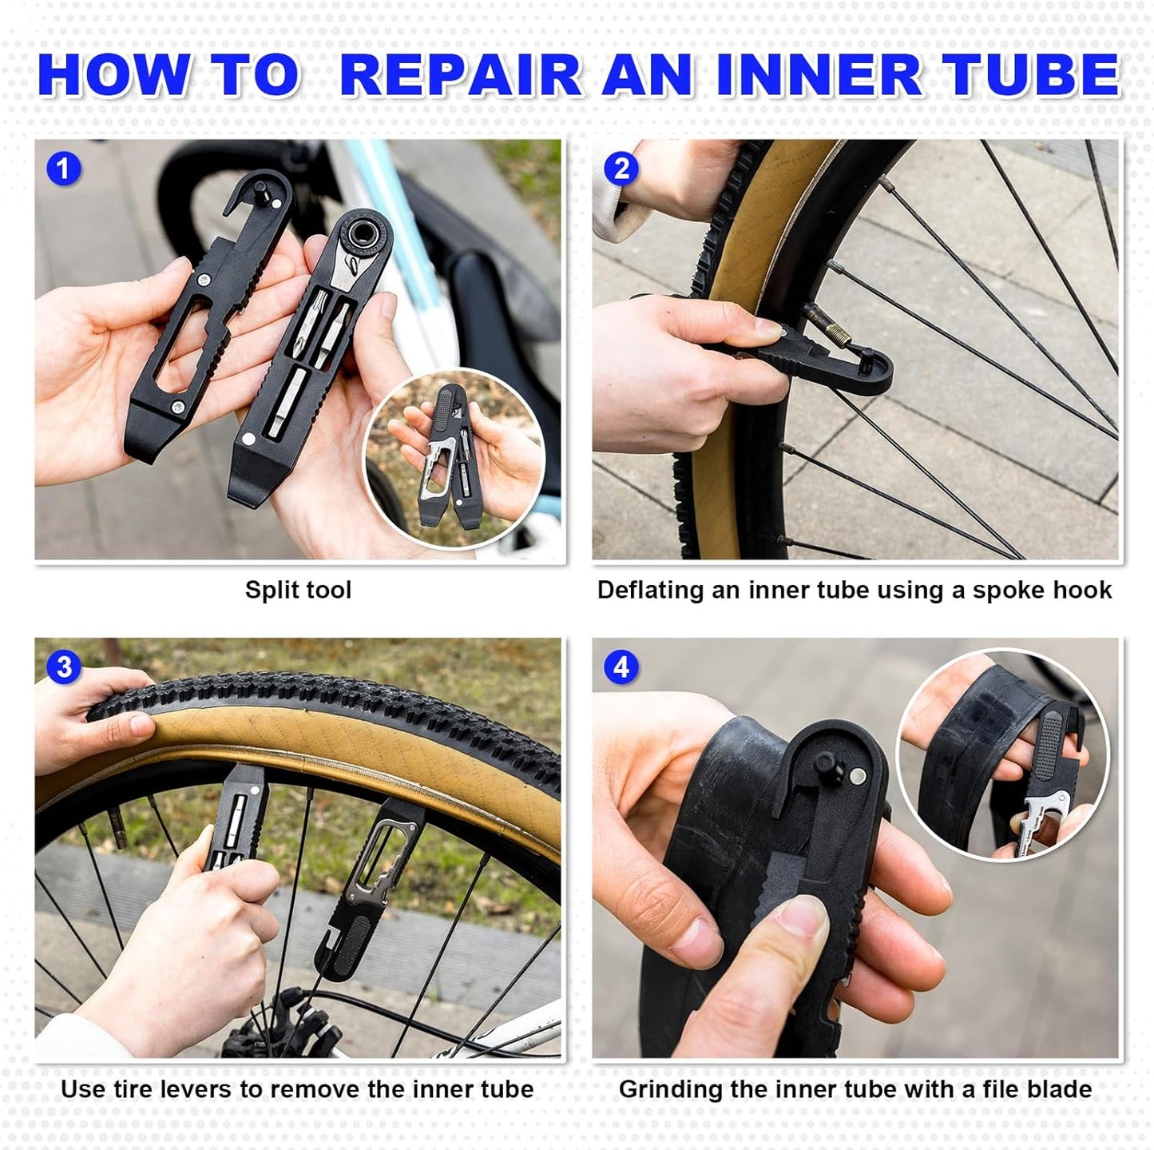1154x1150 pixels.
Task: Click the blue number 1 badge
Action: [x=63, y=169]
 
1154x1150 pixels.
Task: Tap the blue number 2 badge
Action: [x=621, y=169]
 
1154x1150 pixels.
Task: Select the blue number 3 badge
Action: [x=63, y=667]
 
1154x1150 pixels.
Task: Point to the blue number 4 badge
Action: [x=621, y=667]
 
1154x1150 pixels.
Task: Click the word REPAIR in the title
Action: [x=461, y=76]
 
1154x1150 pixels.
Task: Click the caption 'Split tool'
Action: [x=298, y=590]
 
